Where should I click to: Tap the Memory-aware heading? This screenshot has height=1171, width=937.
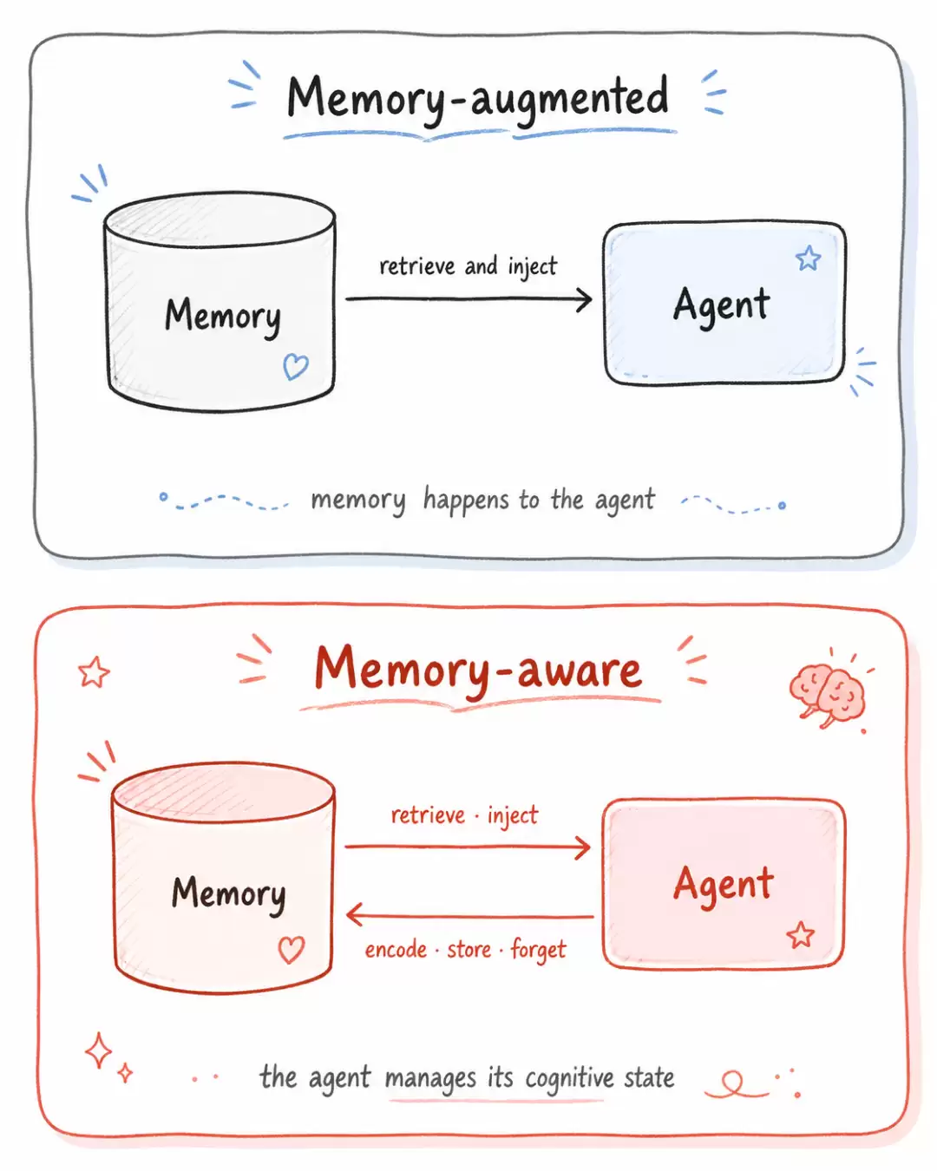(479, 670)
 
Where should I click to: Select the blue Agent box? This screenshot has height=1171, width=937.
(724, 303)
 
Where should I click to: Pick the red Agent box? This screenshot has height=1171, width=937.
(724, 883)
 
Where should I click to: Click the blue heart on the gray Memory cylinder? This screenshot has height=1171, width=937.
(296, 366)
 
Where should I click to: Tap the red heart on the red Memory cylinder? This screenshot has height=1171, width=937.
(292, 950)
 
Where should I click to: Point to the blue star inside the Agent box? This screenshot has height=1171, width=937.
(808, 258)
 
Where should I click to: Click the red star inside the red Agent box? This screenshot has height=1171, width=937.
(800, 935)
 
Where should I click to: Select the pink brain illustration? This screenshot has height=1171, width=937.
(827, 695)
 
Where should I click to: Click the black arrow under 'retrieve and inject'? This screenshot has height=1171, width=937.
(468, 298)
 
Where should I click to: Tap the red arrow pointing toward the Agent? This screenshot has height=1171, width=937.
(467, 847)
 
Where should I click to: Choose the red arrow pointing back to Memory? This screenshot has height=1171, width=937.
(470, 916)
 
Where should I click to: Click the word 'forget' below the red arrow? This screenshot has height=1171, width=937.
(539, 950)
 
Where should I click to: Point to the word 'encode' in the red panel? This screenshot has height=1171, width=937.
(396, 950)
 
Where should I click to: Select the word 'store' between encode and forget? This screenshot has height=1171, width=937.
(468, 950)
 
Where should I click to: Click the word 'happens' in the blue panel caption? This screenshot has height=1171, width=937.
(466, 500)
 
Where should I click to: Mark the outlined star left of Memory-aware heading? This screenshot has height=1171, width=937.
(94, 671)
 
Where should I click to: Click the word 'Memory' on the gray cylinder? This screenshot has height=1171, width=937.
(223, 316)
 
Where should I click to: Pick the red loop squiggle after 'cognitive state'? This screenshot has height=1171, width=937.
(734, 1084)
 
